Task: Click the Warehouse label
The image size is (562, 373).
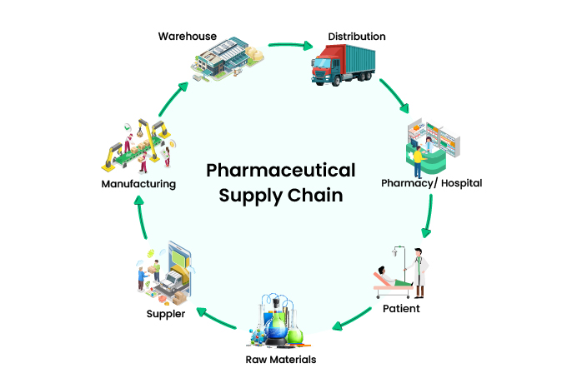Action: (x=188, y=36)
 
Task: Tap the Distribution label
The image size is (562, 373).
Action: (x=356, y=37)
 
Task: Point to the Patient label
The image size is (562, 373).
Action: (x=401, y=308)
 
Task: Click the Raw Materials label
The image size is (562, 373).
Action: (x=280, y=359)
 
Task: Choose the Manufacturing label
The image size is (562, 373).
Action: (x=138, y=184)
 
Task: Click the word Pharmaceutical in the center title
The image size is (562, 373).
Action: (x=280, y=172)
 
